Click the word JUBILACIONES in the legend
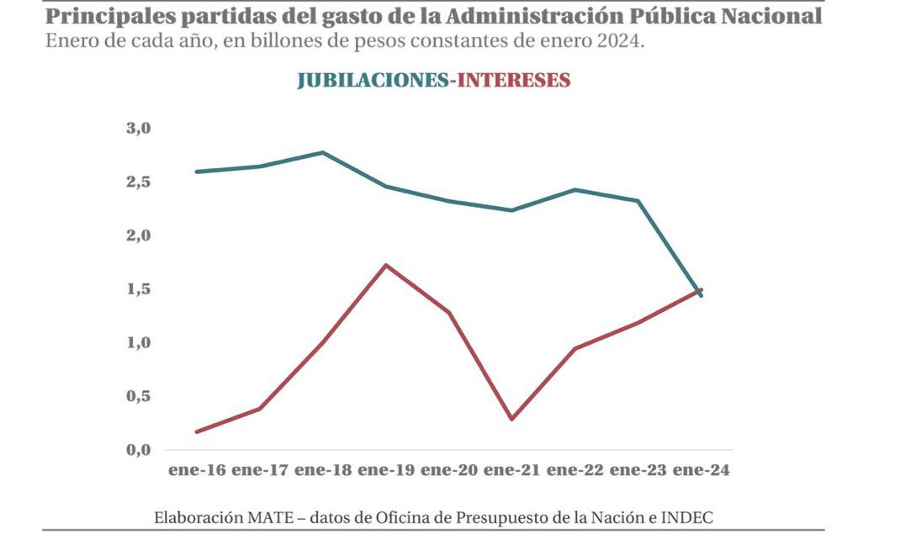(x=371, y=81)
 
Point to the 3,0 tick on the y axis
(x=137, y=129)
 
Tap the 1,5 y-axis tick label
(x=137, y=289)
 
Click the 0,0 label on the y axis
(x=137, y=450)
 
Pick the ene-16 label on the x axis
(x=196, y=471)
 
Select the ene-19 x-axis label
(x=385, y=471)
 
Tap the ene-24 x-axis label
(x=701, y=471)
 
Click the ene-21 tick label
(x=511, y=471)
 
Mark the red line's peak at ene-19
(x=385, y=266)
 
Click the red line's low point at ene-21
(x=511, y=419)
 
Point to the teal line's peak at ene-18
(x=322, y=152)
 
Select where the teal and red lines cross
(x=697, y=291)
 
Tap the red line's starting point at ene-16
(x=197, y=432)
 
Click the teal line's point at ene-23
(x=638, y=201)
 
